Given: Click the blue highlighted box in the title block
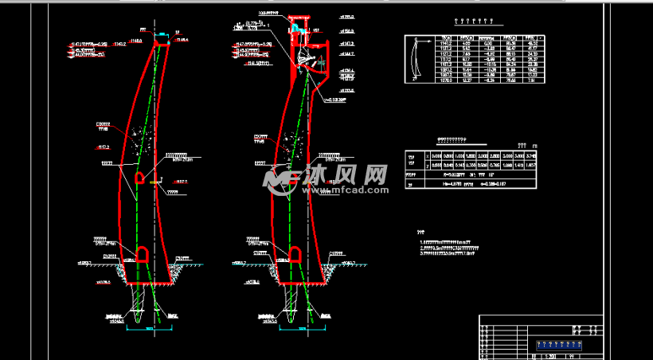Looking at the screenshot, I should (561, 344).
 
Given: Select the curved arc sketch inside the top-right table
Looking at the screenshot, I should (415, 59).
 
